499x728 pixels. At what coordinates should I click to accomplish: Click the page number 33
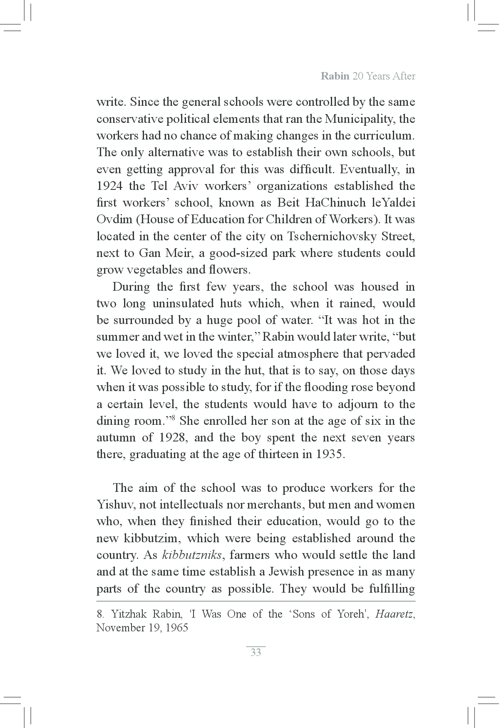[256, 652]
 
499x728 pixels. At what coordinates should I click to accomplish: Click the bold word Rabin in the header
[335, 76]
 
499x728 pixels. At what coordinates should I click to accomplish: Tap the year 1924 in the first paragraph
[109, 186]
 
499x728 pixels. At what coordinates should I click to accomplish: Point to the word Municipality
[361, 119]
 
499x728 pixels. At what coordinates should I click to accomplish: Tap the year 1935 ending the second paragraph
[330, 454]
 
